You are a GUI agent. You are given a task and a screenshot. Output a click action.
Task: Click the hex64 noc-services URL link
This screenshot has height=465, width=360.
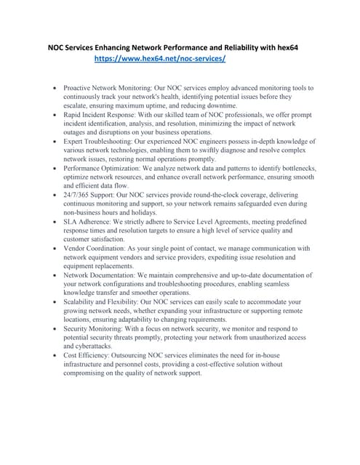161,58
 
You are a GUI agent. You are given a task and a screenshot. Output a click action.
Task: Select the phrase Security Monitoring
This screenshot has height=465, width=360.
100,328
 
